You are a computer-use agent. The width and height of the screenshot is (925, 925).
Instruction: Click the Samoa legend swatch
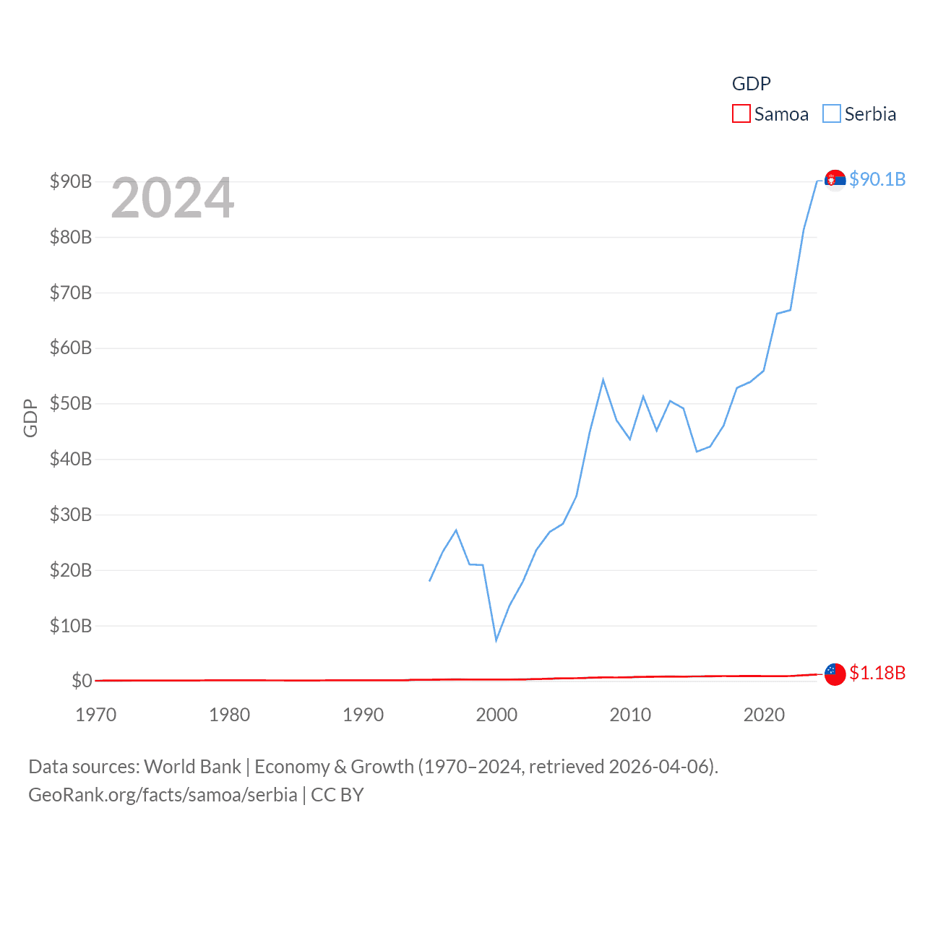point(741,114)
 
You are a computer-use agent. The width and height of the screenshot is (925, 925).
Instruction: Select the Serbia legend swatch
point(832,114)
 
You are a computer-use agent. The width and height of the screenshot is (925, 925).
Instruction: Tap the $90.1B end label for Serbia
point(877,179)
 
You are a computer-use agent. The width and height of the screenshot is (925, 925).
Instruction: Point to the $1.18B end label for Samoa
point(877,673)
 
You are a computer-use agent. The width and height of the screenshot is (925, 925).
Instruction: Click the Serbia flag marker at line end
point(835,180)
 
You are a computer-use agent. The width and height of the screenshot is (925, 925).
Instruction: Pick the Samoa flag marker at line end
point(835,674)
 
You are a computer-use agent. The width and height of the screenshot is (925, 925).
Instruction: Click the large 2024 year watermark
point(173,198)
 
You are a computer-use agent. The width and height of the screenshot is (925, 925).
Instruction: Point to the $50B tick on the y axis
point(71,403)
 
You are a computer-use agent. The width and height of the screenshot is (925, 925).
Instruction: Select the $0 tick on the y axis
point(82,681)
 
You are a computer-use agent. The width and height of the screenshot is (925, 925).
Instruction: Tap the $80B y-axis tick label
point(71,237)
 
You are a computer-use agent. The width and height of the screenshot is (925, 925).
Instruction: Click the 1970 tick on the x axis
point(96,715)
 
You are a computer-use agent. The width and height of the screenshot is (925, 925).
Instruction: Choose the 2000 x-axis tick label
point(496,715)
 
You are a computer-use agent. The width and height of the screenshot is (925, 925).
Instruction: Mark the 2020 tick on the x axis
point(764,715)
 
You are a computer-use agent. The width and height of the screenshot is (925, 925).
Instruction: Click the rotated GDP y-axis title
point(30,418)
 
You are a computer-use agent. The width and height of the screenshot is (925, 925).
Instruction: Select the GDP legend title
point(752,84)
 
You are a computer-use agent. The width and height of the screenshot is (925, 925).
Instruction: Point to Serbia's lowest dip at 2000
point(496,640)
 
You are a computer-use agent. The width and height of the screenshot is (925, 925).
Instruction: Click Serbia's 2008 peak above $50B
point(603,380)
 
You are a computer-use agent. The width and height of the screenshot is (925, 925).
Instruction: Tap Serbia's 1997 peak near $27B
point(456,530)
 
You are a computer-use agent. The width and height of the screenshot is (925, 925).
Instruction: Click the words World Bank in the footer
point(193,766)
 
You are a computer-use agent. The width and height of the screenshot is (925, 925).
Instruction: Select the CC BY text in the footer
point(337,795)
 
